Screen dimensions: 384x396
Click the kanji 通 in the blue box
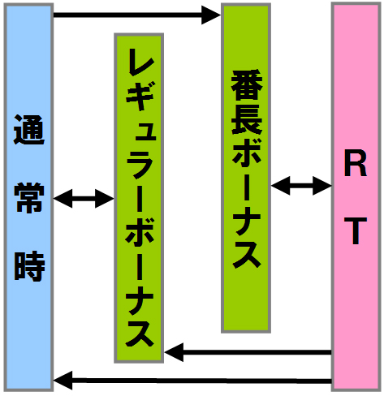[29, 130]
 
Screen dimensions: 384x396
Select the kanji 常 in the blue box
[29, 197]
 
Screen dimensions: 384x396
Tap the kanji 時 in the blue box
[29, 266]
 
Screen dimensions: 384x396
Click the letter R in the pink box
[356, 166]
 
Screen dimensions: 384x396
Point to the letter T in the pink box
[356, 231]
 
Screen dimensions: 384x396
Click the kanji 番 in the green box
[247, 85]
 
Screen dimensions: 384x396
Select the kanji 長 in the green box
[247, 119]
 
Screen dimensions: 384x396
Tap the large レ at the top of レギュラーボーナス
[140, 62]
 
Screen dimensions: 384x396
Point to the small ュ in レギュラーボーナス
[145, 130]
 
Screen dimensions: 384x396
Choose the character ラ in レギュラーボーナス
[140, 165]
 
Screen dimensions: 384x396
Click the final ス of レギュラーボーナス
[140, 334]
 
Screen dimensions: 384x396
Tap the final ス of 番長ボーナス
[247, 254]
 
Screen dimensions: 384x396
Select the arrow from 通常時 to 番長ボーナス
[137, 15]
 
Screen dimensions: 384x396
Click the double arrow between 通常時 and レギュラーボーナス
[84, 199]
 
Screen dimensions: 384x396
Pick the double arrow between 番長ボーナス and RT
[301, 186]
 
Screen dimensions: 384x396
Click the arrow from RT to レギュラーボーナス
[248, 352]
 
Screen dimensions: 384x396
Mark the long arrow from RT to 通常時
[192, 381]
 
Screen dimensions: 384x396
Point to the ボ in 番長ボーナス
[247, 152]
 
